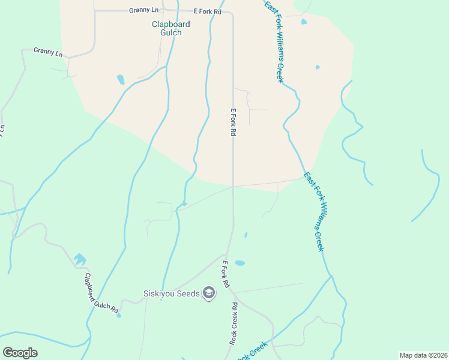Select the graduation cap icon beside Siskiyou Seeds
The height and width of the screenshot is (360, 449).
tap(209, 293)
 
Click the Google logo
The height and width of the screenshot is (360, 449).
tap(20, 353)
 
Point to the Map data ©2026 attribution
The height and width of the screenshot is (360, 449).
tap(423, 355)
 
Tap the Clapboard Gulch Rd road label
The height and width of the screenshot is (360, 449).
tap(101, 292)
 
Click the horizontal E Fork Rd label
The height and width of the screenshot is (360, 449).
tap(208, 11)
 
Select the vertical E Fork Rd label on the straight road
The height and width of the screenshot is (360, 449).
tap(232, 122)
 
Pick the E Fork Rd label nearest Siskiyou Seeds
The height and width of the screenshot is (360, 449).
tap(226, 274)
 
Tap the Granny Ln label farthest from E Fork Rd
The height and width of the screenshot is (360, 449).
tap(48, 52)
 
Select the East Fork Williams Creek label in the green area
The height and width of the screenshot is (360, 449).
tap(315, 212)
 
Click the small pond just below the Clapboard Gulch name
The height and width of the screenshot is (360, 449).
tap(121, 79)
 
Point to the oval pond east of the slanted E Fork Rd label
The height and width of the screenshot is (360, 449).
tap(240, 263)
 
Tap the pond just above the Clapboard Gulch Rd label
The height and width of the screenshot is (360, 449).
tap(80, 259)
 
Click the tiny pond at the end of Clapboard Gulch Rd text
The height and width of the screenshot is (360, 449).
tap(118, 315)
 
